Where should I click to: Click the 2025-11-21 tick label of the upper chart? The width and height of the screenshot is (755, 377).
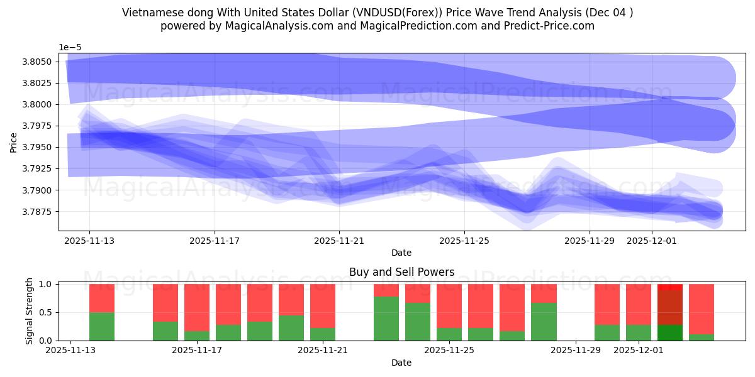(339, 240)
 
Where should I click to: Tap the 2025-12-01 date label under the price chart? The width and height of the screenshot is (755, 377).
(652, 240)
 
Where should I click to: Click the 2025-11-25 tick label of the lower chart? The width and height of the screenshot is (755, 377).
(449, 351)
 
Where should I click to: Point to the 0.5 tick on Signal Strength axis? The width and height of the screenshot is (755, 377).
(47, 312)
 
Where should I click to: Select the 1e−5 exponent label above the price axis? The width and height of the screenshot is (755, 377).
(70, 48)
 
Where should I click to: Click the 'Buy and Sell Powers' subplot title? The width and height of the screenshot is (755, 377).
(401, 272)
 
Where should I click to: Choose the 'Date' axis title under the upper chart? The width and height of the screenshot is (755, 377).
(401, 253)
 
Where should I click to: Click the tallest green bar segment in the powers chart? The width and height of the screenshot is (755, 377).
(386, 319)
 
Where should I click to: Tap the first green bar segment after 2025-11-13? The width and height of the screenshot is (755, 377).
(102, 326)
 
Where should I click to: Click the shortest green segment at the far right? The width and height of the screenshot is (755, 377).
(702, 337)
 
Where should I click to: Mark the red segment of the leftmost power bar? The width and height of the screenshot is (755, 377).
(102, 298)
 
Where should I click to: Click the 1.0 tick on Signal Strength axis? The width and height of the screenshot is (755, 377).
(47, 284)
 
